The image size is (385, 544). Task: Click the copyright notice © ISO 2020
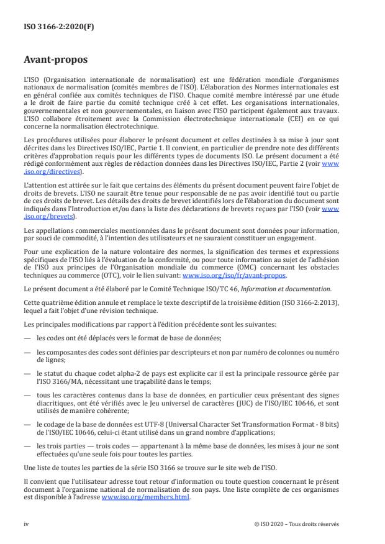pos(297,524)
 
